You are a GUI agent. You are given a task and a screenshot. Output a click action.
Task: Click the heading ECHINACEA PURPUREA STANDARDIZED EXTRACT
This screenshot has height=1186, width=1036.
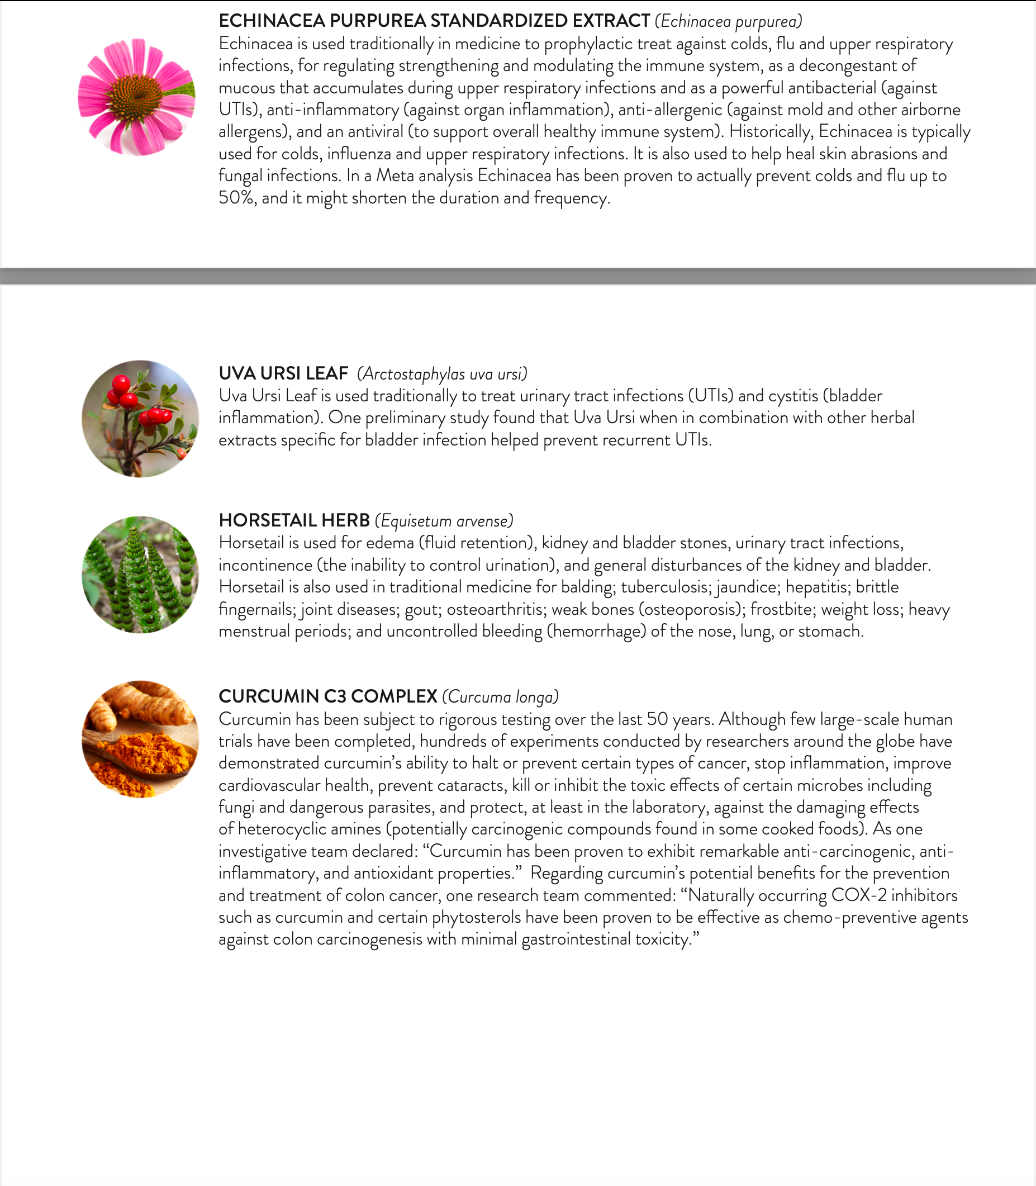pos(434,21)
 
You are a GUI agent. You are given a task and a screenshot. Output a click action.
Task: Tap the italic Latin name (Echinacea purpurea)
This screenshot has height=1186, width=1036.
pos(729,22)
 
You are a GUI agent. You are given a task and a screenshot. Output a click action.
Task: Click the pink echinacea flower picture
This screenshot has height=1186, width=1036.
pos(136,97)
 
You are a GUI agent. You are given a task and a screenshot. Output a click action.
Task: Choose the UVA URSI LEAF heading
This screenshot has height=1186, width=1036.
pos(283,373)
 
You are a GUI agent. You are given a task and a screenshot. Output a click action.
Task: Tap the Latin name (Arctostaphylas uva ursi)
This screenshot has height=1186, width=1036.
pos(442,374)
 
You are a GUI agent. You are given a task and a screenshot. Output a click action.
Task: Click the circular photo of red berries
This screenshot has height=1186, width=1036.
pos(140,419)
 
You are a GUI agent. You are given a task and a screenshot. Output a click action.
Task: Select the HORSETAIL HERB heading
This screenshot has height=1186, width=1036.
pos(294,520)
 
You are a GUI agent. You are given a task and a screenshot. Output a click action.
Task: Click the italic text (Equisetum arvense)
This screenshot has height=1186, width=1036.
pos(444,521)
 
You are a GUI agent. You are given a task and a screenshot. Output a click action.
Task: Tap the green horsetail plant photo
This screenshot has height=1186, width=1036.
pos(140,574)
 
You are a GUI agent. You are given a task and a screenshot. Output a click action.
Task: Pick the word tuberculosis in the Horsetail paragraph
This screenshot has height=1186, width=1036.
pos(665,587)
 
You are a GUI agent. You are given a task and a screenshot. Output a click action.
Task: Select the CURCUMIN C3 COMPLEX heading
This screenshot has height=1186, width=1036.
pos(328,696)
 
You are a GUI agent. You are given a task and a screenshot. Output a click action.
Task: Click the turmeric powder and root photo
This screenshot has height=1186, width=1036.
pos(140,739)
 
